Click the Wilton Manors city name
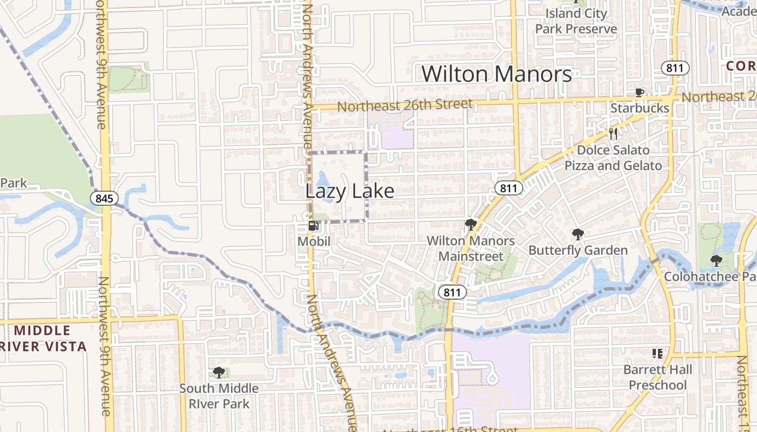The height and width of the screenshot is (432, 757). click(x=496, y=74)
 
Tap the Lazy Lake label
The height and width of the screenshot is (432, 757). click(x=349, y=191)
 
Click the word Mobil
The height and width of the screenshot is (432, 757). click(x=314, y=241)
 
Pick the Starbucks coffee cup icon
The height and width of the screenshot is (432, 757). click(x=640, y=93)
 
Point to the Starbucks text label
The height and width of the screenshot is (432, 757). click(x=640, y=108)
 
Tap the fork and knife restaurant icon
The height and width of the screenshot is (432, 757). click(x=613, y=134)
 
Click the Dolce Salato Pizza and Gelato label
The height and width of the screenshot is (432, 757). click(x=613, y=158)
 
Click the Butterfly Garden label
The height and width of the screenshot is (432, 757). click(x=578, y=250)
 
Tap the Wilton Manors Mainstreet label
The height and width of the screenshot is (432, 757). click(x=470, y=248)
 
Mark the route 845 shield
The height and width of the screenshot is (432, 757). click(x=104, y=198)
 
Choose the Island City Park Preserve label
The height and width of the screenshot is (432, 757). click(x=576, y=21)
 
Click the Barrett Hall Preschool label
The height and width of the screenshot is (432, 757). click(x=658, y=377)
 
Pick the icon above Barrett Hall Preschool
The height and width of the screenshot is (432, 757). click(x=658, y=354)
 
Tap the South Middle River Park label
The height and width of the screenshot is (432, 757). click(x=219, y=396)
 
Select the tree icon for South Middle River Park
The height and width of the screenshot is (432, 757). click(x=219, y=373)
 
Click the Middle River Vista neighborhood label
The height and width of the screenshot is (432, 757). click(x=43, y=339)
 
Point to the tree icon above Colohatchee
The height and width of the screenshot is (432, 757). click(x=716, y=261)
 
